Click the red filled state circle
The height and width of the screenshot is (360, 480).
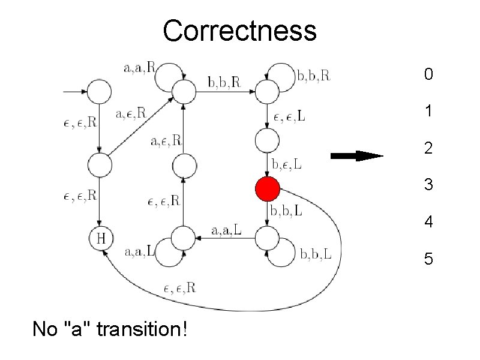coord(267,189)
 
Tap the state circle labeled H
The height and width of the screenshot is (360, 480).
coord(101,239)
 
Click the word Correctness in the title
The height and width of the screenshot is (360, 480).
coord(239,30)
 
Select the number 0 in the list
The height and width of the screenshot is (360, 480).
coord(428,75)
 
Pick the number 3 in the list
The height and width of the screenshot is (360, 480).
coord(428,185)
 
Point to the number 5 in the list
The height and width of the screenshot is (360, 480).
coord(428,259)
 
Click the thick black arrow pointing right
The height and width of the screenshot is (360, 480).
coord(357,156)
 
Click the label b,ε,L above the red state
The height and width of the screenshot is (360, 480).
coord(287,163)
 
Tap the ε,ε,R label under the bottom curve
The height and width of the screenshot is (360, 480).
coord(179,288)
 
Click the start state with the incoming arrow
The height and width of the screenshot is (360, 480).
coord(100,92)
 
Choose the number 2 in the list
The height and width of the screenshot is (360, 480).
coord(428,148)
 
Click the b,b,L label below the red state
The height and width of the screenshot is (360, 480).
coord(286,211)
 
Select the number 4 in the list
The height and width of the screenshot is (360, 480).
coord(428,223)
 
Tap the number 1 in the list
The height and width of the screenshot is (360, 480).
coord(428,111)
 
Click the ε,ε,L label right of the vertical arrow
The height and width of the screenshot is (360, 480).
coord(288,118)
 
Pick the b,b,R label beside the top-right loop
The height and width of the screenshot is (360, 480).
coord(314,76)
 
